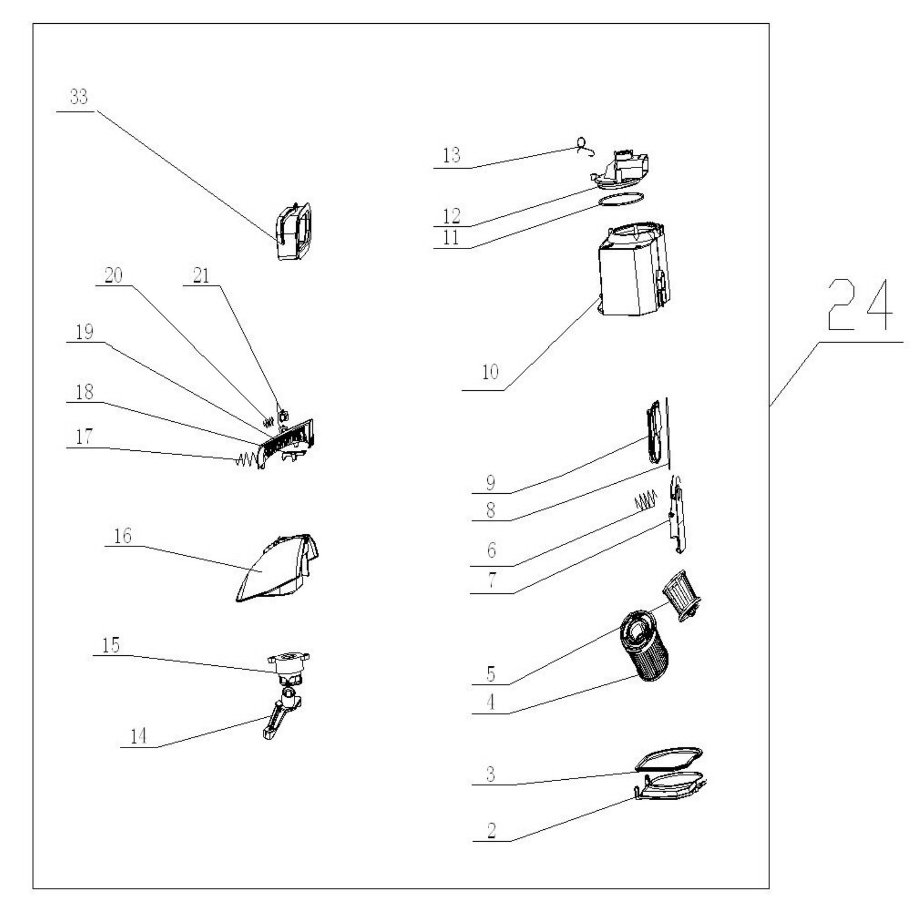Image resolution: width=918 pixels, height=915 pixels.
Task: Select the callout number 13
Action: click(451, 155)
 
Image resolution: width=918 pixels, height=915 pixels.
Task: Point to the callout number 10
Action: click(490, 372)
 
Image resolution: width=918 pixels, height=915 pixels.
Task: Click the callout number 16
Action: click(122, 536)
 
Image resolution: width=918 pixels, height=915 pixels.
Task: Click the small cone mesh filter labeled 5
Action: click(682, 596)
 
